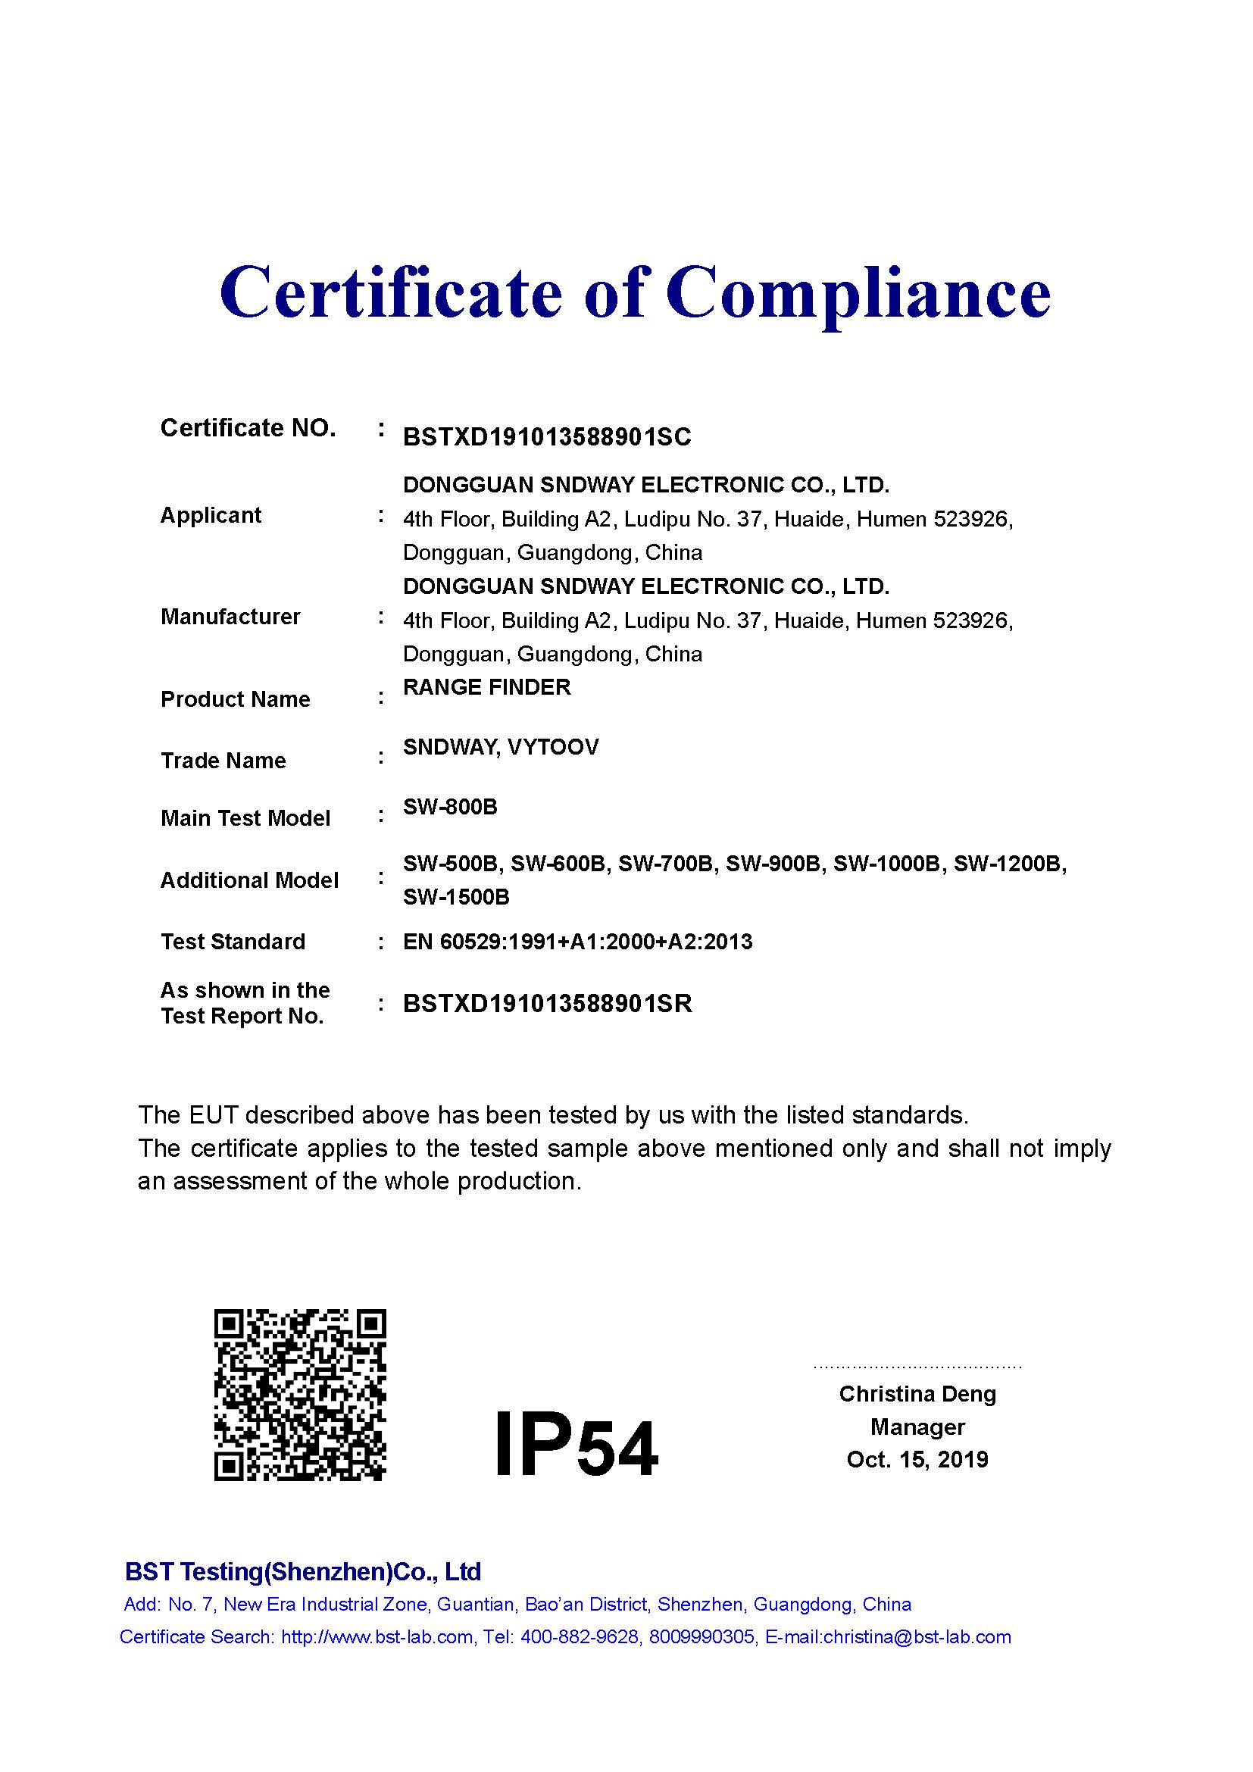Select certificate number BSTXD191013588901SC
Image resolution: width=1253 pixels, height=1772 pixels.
[547, 438]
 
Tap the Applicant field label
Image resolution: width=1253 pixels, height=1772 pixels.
[211, 516]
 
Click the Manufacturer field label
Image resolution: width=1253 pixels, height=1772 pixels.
[230, 617]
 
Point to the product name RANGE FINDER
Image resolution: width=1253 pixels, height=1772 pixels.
[487, 687]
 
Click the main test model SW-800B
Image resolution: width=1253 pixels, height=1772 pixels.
[450, 808]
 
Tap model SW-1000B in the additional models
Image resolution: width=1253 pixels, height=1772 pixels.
[886, 864]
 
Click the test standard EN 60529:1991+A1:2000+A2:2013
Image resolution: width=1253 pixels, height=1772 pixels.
[577, 942]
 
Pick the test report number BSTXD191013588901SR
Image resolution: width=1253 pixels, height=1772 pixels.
[547, 1003]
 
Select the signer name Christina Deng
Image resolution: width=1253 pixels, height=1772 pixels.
[917, 1394]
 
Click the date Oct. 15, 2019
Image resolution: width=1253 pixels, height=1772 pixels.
[917, 1459]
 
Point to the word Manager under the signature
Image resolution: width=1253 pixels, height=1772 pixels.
[917, 1427]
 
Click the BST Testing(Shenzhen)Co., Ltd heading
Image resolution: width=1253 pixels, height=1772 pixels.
[302, 1572]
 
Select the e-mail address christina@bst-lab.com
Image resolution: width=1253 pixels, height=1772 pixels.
[917, 1637]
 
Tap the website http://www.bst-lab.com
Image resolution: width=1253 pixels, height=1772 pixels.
[377, 1637]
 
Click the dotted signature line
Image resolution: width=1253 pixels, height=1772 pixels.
[917, 1367]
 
